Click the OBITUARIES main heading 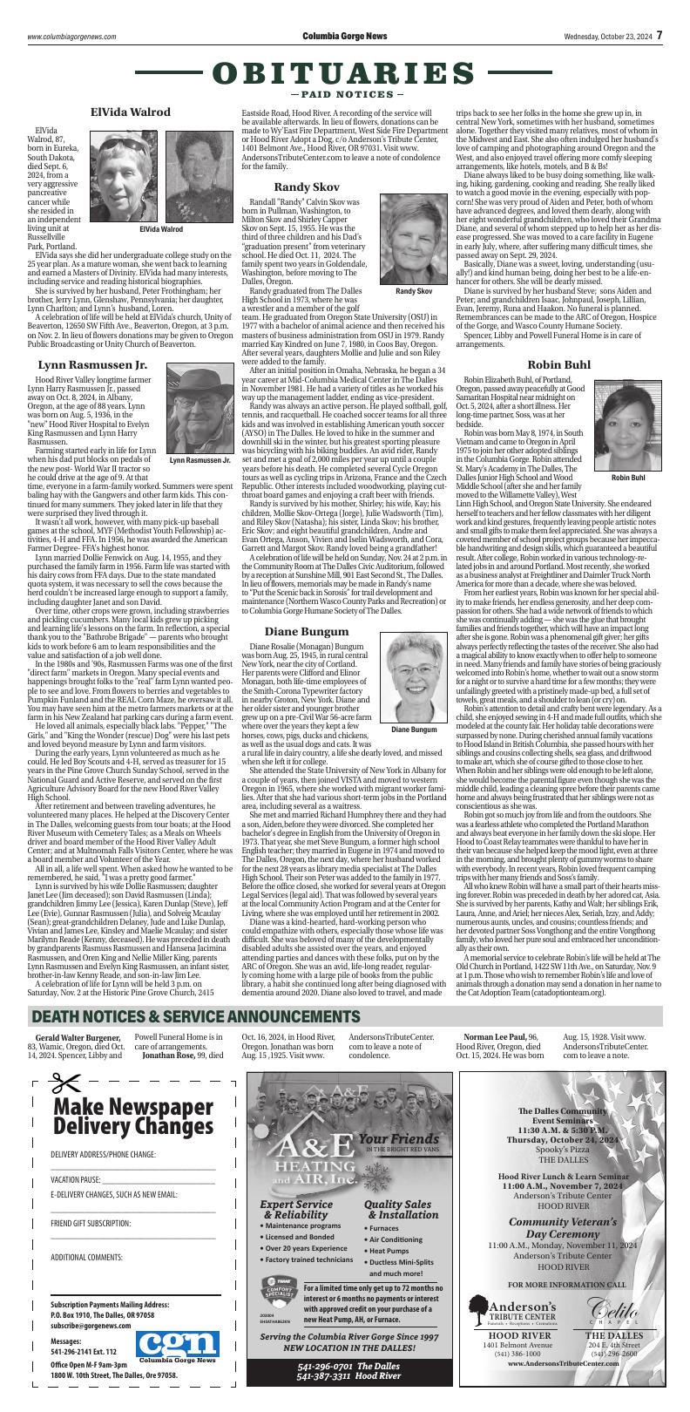coord(344,72)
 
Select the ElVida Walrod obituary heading coord(131,112)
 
